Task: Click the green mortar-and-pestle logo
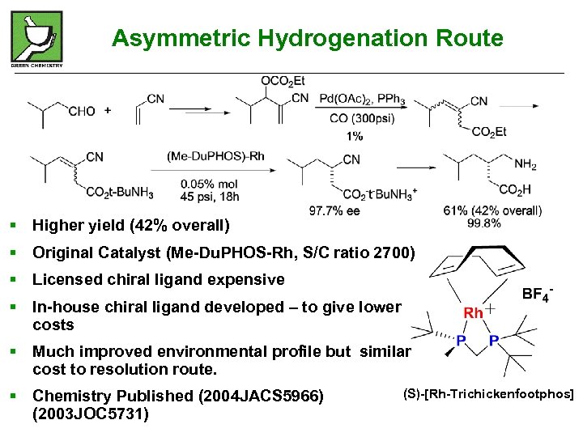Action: (36, 36)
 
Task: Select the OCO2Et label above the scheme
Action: (283, 80)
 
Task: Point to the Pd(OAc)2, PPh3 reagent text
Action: (362, 100)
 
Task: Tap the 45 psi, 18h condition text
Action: (209, 196)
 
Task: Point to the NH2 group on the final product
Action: (525, 165)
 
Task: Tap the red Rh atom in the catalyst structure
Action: (472, 312)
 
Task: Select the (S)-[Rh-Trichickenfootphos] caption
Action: (487, 394)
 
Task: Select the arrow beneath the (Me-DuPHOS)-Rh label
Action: (206, 171)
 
